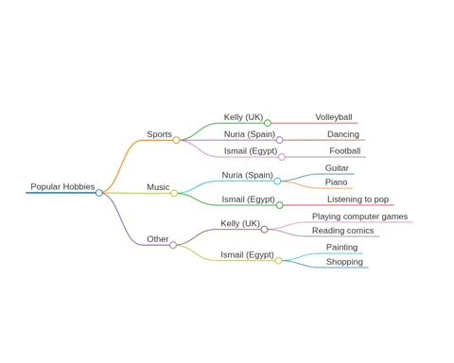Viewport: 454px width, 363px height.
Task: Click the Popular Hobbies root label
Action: pos(62,186)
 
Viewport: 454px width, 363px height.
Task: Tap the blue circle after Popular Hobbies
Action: pos(99,193)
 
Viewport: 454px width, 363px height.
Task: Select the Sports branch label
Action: pos(159,134)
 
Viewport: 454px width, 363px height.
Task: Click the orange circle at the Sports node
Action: pos(176,140)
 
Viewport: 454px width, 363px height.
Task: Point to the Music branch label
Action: pos(158,187)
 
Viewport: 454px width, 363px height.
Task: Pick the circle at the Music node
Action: pos(174,193)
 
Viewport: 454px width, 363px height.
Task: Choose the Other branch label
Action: pos(158,239)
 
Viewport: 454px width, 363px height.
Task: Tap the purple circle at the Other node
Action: pos(173,245)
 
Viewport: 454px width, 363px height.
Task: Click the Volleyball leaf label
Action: pos(334,117)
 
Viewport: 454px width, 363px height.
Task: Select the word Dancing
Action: pos(343,134)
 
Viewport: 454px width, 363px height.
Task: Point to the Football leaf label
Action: pos(345,151)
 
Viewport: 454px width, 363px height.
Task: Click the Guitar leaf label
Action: pos(337,168)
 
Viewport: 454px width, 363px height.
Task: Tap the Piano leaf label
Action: pos(336,182)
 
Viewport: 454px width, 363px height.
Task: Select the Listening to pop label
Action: pos(358,199)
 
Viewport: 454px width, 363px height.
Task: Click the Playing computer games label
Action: pos(359,216)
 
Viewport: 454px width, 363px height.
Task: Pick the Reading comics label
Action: pos(343,231)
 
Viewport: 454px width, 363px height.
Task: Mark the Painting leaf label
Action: pos(341,248)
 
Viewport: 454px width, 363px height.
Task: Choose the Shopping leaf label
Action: pos(344,262)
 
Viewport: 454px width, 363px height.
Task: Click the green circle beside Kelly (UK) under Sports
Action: pos(268,123)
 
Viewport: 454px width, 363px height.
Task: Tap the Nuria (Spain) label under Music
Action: pos(248,175)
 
